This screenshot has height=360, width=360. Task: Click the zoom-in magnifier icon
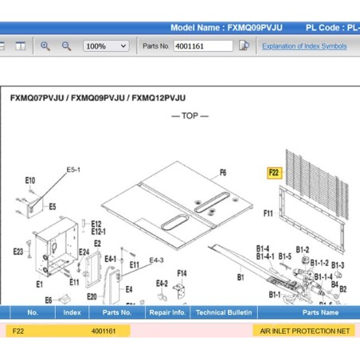point(45,46)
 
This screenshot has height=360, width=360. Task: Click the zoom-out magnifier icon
point(66,46)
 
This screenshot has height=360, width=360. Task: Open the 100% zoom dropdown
point(106,46)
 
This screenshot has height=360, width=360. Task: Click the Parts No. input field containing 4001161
point(203,46)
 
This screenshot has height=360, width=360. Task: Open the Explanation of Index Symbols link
point(304,46)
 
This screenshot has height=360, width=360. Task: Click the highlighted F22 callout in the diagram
point(274,173)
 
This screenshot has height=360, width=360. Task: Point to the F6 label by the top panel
point(223,173)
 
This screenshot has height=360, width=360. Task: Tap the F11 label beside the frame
point(268,213)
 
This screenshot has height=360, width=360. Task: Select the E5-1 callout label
point(73,170)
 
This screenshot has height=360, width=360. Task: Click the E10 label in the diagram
point(30,181)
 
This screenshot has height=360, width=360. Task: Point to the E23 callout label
point(18,252)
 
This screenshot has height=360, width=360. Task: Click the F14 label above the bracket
point(182,273)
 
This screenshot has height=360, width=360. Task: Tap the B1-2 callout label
point(303,249)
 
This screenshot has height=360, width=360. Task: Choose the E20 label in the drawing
point(92,296)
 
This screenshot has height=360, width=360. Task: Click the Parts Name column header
point(320,312)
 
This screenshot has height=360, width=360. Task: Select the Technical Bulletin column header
point(224,312)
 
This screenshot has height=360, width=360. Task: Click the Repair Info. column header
point(167,312)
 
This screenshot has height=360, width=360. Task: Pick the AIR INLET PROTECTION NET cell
point(304,331)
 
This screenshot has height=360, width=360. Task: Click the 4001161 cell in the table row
point(104,331)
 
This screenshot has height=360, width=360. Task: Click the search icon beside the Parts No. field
point(244,45)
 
